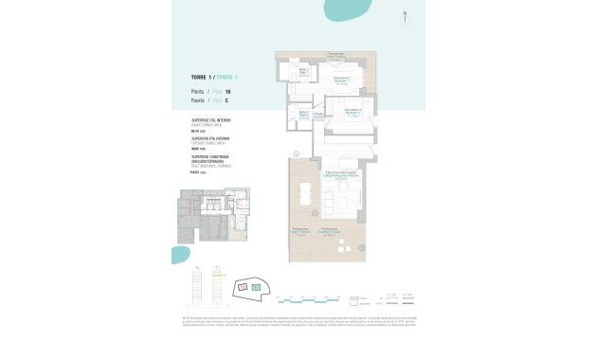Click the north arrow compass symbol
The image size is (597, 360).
pos(405,20)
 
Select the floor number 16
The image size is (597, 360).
pos(227,91)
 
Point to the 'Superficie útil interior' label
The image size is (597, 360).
pos(211,121)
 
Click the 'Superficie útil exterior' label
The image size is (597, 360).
pos(211,138)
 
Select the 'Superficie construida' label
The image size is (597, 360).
pos(211,157)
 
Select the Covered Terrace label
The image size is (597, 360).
pos(331,234)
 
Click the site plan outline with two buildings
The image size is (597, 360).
pos(250,286)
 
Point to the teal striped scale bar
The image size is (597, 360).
pos(308,300)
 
